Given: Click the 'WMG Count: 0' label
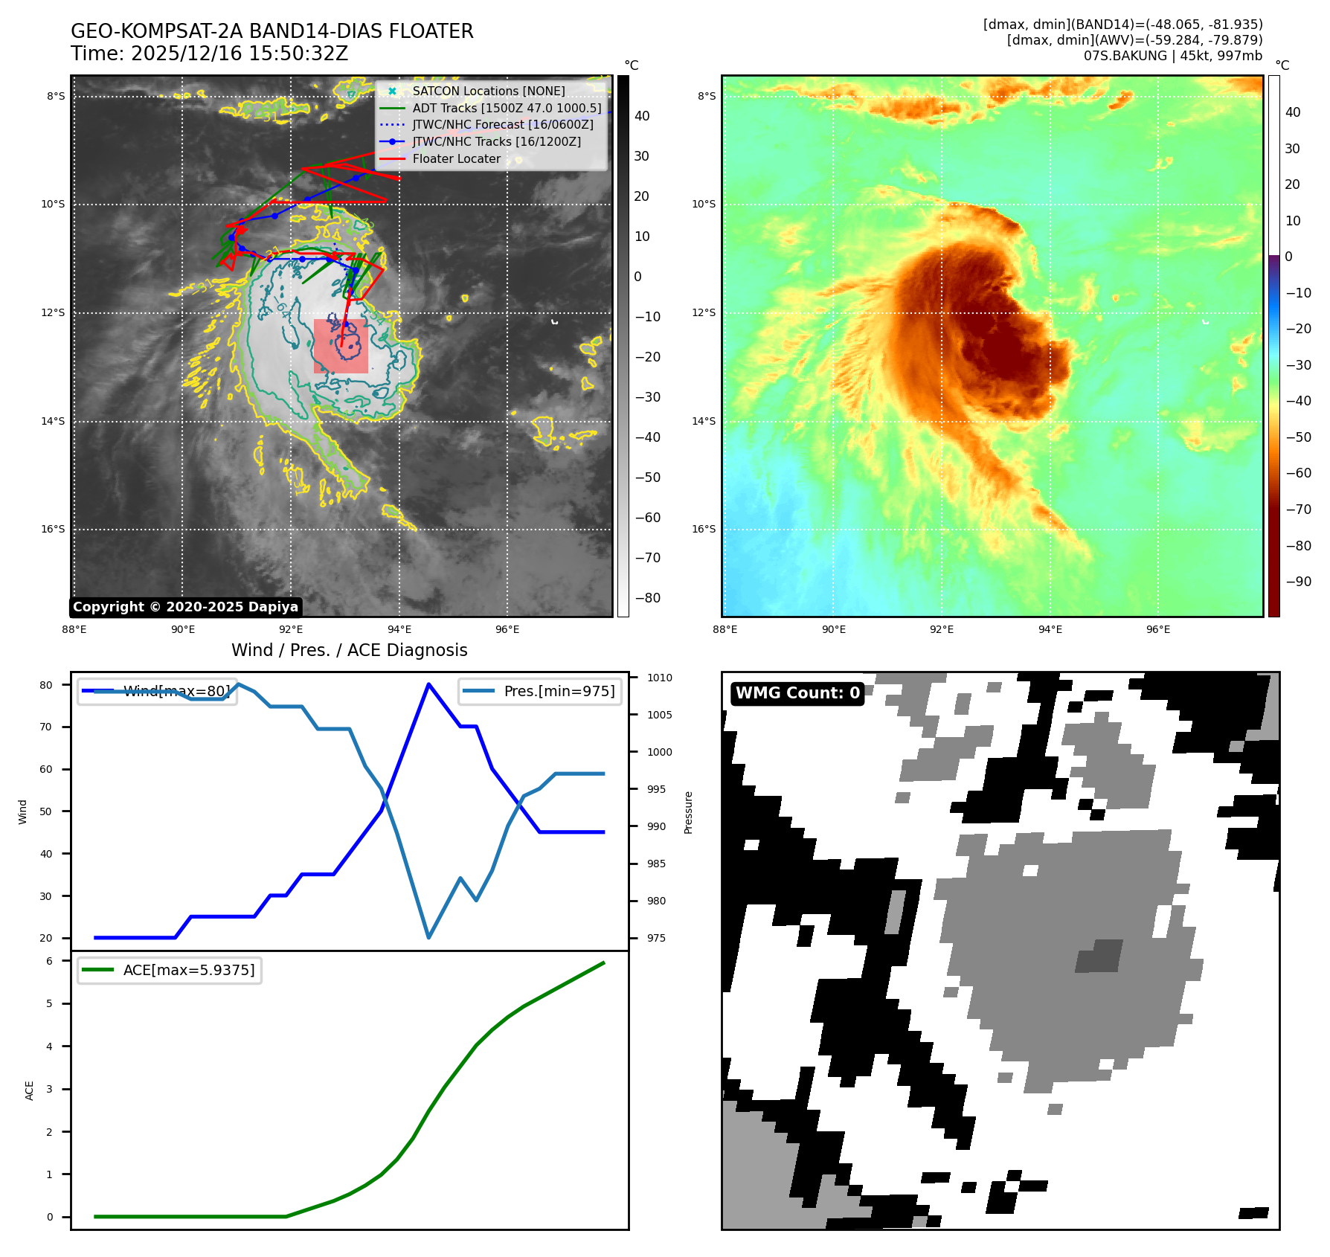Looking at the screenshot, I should [797, 693].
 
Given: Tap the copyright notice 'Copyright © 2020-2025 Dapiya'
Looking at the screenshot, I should [185, 607].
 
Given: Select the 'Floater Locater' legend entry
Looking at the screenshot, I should [456, 158].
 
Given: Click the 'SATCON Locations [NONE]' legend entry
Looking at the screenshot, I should [488, 91].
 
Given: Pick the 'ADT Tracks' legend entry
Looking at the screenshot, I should [506, 108].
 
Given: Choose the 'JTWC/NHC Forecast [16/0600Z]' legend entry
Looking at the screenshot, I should [502, 124].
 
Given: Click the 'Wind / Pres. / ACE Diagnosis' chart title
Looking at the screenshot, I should [349, 650].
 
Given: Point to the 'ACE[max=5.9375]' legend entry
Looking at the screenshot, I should [188, 970].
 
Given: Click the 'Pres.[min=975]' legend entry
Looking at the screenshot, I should [559, 691].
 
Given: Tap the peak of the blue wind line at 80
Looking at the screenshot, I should [428, 684].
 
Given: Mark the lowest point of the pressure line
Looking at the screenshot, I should [428, 937].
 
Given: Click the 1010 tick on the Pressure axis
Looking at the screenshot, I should [659, 678].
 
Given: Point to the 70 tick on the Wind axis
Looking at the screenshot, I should [46, 727].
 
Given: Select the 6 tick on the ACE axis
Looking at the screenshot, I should [50, 961].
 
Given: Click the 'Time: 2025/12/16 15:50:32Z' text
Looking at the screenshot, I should [209, 54].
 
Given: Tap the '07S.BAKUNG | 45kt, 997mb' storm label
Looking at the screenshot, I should [1172, 56].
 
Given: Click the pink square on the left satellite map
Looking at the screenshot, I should [341, 346].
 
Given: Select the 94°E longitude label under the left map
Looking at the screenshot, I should [399, 629].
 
